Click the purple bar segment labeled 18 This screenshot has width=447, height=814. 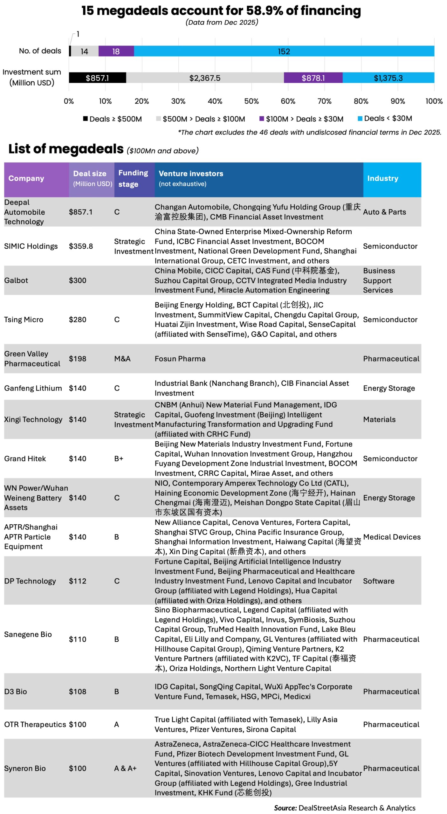coord(116,51)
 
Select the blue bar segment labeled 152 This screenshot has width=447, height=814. coord(284,51)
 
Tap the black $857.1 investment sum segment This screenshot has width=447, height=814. coord(97,78)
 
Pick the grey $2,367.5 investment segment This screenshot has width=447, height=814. coord(205,78)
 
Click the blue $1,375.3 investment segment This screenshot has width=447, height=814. coord(388,78)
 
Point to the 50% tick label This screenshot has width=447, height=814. coord(251,101)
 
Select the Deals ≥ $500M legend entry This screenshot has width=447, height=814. coord(113,119)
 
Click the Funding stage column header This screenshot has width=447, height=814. coord(133,179)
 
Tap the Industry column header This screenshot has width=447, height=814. coord(382,179)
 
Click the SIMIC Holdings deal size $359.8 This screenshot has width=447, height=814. coord(81,246)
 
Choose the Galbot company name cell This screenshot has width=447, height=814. coord(16,280)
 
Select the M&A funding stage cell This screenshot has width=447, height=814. coord(122,359)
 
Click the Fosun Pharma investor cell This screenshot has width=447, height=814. coord(180,359)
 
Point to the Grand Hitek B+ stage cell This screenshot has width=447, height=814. coord(119,459)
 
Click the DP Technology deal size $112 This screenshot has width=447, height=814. coord(78,581)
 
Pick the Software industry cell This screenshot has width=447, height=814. coord(379,581)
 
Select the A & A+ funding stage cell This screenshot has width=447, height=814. coord(125,769)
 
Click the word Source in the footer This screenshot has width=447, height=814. coord(285,808)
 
